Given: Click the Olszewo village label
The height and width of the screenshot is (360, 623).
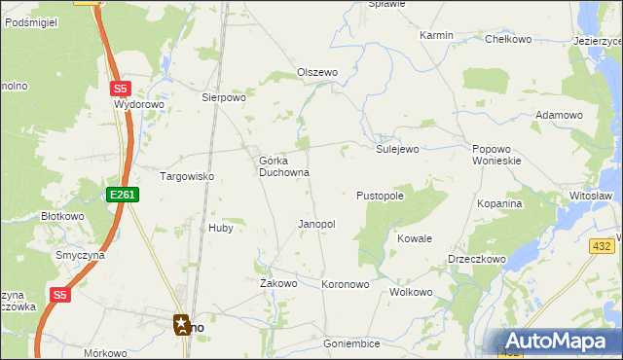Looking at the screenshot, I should (316, 73).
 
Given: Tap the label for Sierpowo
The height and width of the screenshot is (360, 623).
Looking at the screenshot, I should (224, 97).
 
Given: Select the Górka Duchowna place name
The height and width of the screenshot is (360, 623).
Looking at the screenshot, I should (284, 166).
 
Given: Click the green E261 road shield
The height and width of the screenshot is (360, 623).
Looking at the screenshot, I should (123, 195).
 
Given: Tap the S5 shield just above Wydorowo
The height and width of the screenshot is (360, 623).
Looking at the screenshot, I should (117, 87).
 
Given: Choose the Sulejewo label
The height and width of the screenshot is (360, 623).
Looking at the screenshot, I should (397, 149).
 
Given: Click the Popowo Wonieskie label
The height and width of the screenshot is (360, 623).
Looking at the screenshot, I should (497, 155).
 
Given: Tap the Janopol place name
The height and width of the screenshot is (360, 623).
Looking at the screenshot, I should (316, 224).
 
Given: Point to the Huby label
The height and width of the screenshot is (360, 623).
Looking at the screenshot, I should (220, 228).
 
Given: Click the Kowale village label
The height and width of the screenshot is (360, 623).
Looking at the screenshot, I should (415, 238).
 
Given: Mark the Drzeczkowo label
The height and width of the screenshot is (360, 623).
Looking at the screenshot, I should (476, 260).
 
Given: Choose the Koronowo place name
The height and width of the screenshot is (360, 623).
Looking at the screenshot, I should (346, 285).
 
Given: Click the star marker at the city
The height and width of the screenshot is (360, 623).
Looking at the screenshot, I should (182, 324).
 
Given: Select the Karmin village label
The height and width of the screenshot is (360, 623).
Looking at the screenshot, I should (437, 35).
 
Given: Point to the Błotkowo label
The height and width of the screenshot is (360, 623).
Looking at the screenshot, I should (62, 216).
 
